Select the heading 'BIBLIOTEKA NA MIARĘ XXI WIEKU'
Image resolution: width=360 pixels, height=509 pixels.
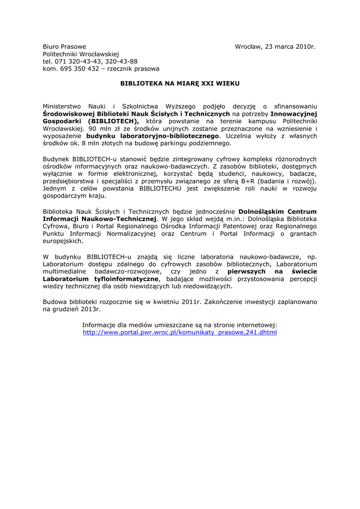click(180, 84)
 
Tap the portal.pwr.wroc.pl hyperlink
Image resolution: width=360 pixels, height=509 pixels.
click(180, 332)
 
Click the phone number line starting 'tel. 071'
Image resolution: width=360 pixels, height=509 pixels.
click(90, 61)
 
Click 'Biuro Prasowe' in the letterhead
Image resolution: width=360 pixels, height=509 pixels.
click(64, 47)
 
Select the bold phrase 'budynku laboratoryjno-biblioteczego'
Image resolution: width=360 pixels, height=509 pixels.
click(153, 135)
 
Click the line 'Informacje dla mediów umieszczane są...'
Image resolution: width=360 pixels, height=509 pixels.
click(180, 325)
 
